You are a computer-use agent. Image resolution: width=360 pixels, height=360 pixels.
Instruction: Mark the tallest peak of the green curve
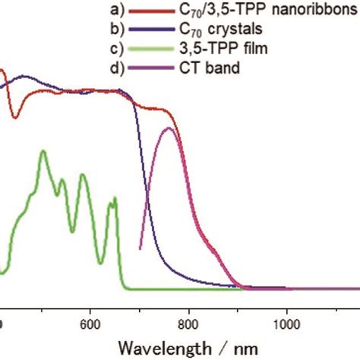43,151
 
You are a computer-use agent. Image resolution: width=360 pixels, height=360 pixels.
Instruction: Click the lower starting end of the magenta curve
141,248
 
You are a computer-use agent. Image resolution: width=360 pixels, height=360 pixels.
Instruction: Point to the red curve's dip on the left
15,118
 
